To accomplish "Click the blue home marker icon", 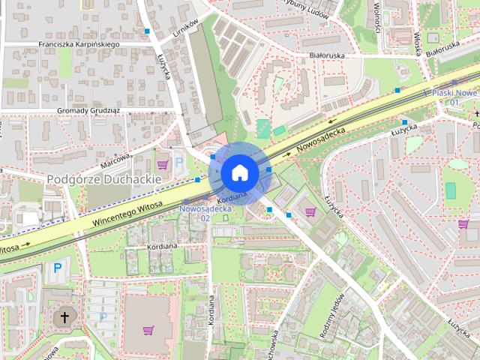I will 239,172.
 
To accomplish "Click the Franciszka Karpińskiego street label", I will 79,44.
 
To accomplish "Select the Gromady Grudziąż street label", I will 90,111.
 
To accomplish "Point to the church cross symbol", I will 64,317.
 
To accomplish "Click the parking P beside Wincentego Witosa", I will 57,268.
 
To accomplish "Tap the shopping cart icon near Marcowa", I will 162,164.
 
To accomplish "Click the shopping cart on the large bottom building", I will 148,330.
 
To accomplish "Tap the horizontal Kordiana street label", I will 163,246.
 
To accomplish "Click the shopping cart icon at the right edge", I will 464,223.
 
